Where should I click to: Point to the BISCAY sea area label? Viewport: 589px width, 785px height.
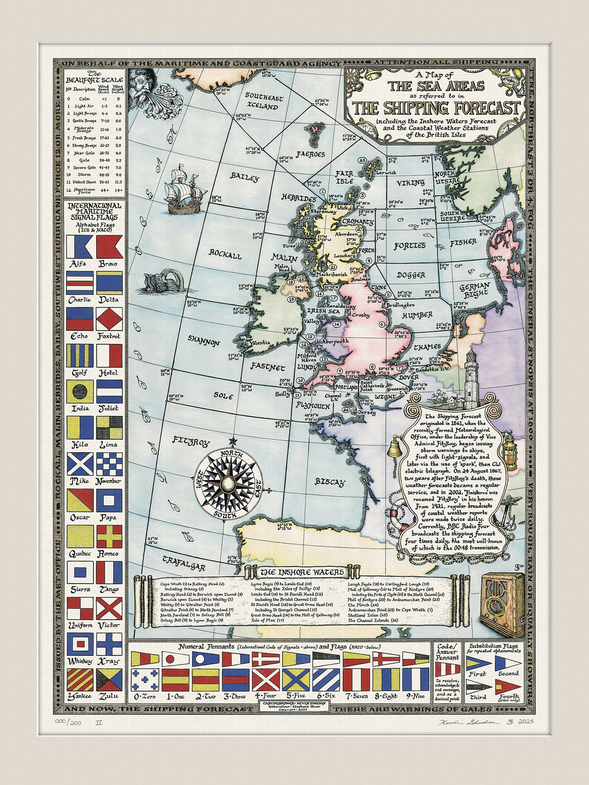330,482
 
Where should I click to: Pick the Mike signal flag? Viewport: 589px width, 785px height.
80,464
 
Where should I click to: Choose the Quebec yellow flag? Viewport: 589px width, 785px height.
80,536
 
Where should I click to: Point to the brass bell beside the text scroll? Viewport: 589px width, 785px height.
395,449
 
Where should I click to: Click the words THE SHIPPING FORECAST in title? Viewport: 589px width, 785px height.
436,107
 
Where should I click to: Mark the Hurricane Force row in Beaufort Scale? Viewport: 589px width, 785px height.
94,190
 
